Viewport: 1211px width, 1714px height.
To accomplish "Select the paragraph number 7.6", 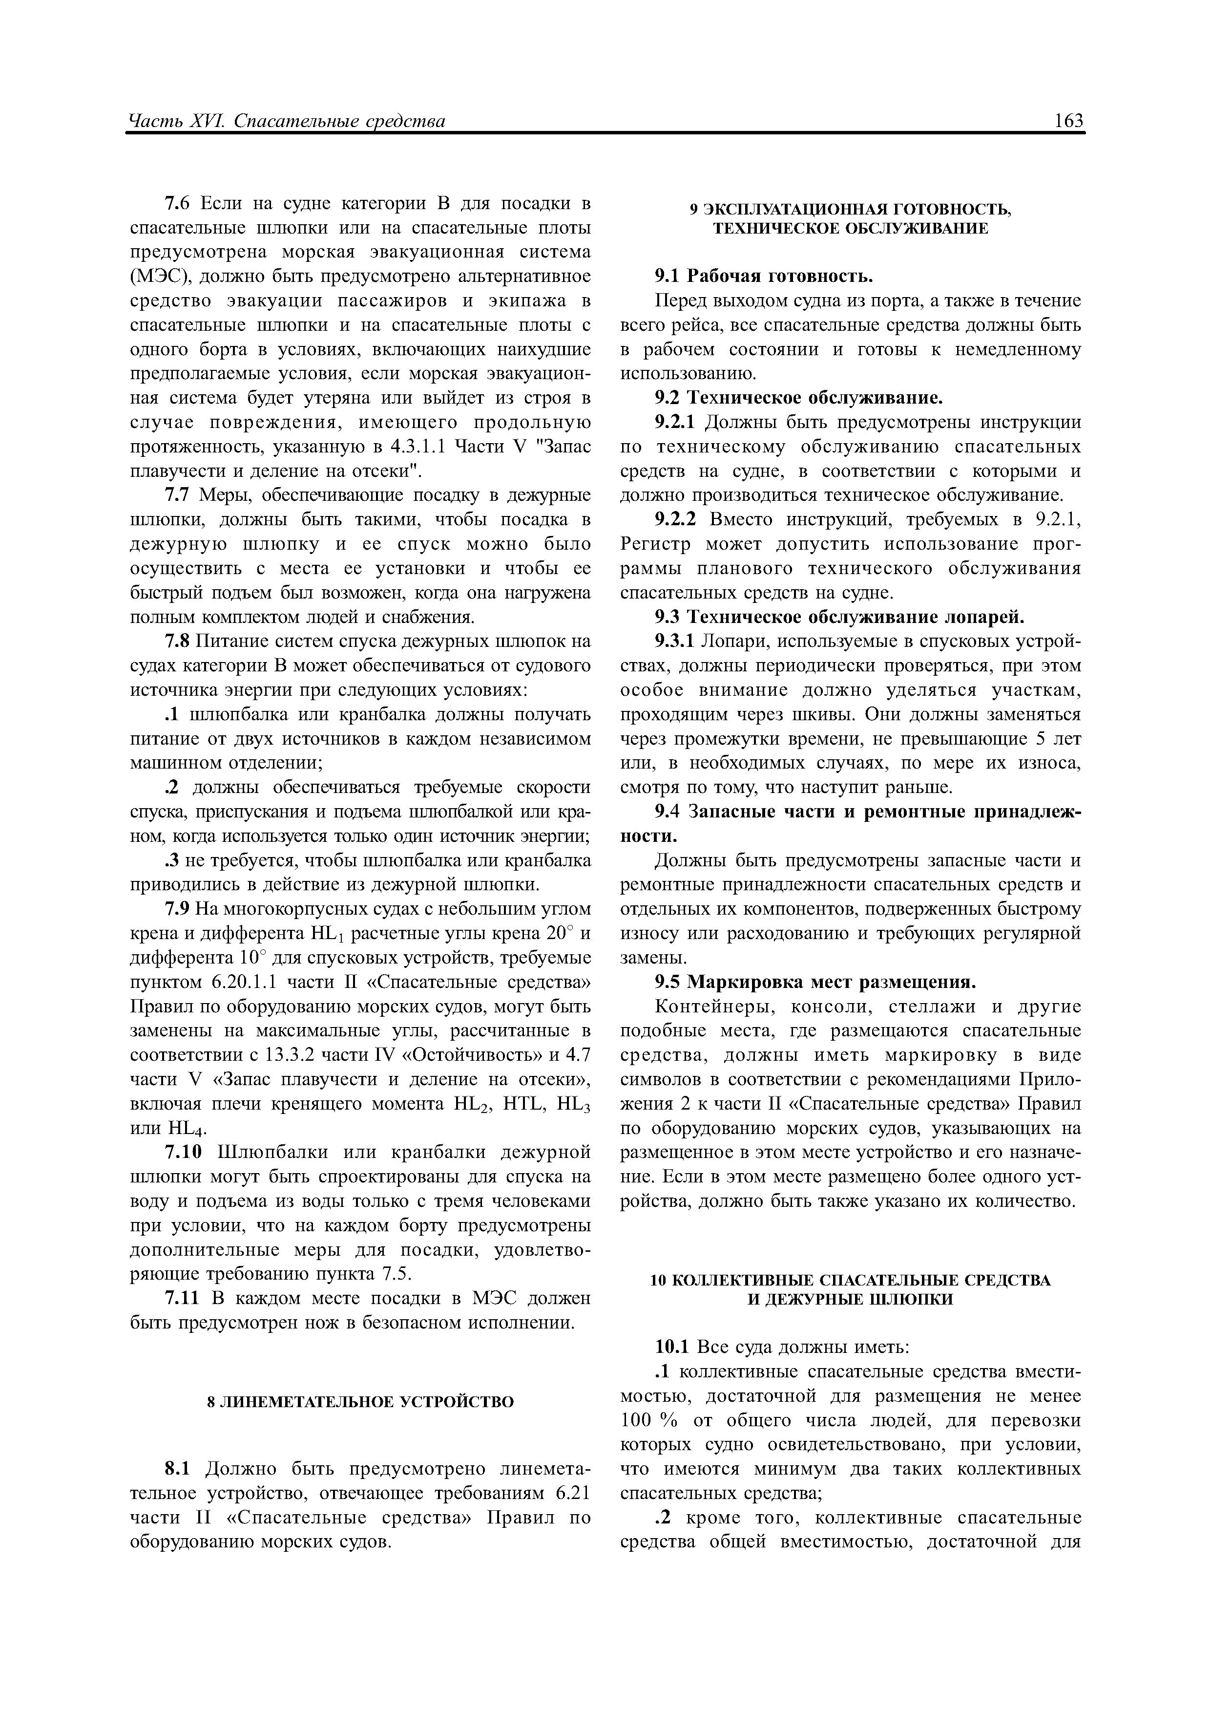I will tap(179, 203).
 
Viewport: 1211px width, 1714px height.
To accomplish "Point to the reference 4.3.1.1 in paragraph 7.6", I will tap(418, 447).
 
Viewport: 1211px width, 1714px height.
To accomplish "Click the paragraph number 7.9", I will tap(179, 909).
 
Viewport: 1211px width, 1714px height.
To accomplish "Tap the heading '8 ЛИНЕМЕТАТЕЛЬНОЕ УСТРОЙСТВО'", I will tap(360, 1402).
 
